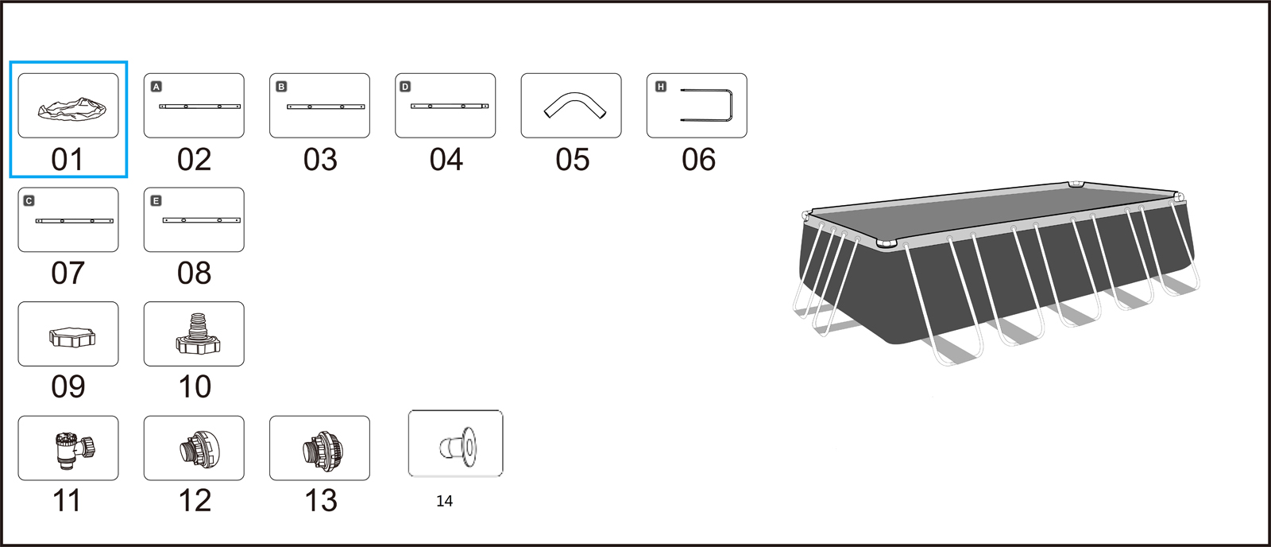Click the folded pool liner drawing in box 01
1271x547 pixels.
click(72, 109)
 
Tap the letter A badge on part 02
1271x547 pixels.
click(156, 87)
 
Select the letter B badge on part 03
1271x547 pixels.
click(281, 87)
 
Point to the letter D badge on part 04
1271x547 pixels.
click(405, 87)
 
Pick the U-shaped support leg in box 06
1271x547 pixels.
click(729, 105)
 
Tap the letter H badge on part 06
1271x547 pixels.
click(661, 87)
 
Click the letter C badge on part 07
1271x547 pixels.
click(29, 200)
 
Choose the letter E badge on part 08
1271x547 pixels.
click(156, 200)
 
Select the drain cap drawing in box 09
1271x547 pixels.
click(72, 337)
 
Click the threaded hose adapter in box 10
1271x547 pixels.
click(197, 335)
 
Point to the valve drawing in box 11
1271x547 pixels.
click(75, 451)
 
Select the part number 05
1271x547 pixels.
click(573, 160)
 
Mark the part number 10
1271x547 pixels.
click(195, 387)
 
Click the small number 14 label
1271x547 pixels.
click(444, 501)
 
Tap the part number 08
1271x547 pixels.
click(194, 273)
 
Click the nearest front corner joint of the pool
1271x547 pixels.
click(886, 244)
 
